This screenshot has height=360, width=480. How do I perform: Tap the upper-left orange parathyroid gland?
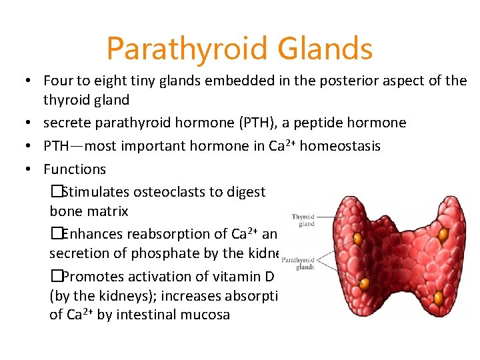coord(358,238)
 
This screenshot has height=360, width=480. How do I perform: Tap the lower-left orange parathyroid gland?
coord(365,284)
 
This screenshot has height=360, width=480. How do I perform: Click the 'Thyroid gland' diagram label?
coord(303,220)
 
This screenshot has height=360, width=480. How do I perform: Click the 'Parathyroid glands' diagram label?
coord(297,263)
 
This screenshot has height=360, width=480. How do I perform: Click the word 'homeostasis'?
coord(340,145)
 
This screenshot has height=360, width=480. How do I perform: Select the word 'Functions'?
coord(75,169)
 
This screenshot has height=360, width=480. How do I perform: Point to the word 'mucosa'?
coord(205,315)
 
